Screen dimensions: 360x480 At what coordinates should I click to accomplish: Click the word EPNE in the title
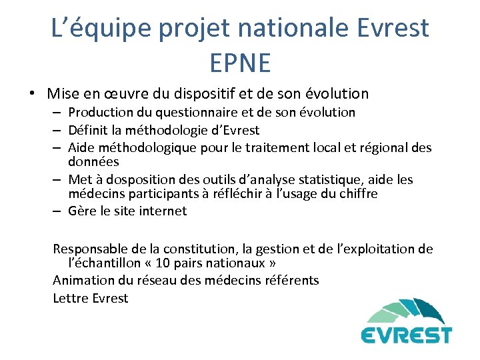pos(240,63)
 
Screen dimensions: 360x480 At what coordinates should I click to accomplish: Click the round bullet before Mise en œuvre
pos(33,94)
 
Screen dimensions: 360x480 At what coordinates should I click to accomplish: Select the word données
pos(93,162)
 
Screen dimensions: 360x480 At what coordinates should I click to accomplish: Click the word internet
pos(165,211)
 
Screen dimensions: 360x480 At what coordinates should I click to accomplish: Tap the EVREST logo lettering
pos(407,334)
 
